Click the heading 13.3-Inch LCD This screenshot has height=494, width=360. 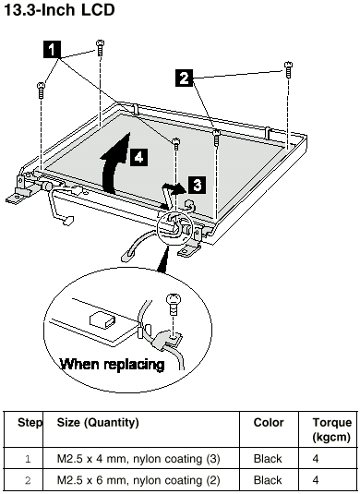[x=59, y=10]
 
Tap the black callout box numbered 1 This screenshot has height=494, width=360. [x=52, y=50]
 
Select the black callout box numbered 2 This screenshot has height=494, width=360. [x=185, y=78]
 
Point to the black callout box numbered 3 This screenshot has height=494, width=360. [x=198, y=185]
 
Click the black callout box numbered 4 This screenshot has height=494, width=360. [x=138, y=157]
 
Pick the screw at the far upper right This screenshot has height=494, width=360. [x=288, y=69]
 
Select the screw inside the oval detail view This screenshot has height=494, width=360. [x=174, y=304]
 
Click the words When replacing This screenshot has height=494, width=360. [x=113, y=364]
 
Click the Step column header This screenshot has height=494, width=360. [x=30, y=422]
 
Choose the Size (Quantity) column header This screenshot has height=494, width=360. [x=98, y=423]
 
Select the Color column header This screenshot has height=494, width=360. [x=269, y=422]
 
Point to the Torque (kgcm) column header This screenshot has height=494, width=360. [x=331, y=429]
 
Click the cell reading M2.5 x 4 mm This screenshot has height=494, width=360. [x=138, y=458]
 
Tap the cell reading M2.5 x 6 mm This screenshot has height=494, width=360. [x=138, y=480]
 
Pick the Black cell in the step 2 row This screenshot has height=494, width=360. [x=268, y=480]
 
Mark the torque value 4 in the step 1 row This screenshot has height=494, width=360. [x=316, y=458]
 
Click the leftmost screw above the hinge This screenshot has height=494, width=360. [x=41, y=90]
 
